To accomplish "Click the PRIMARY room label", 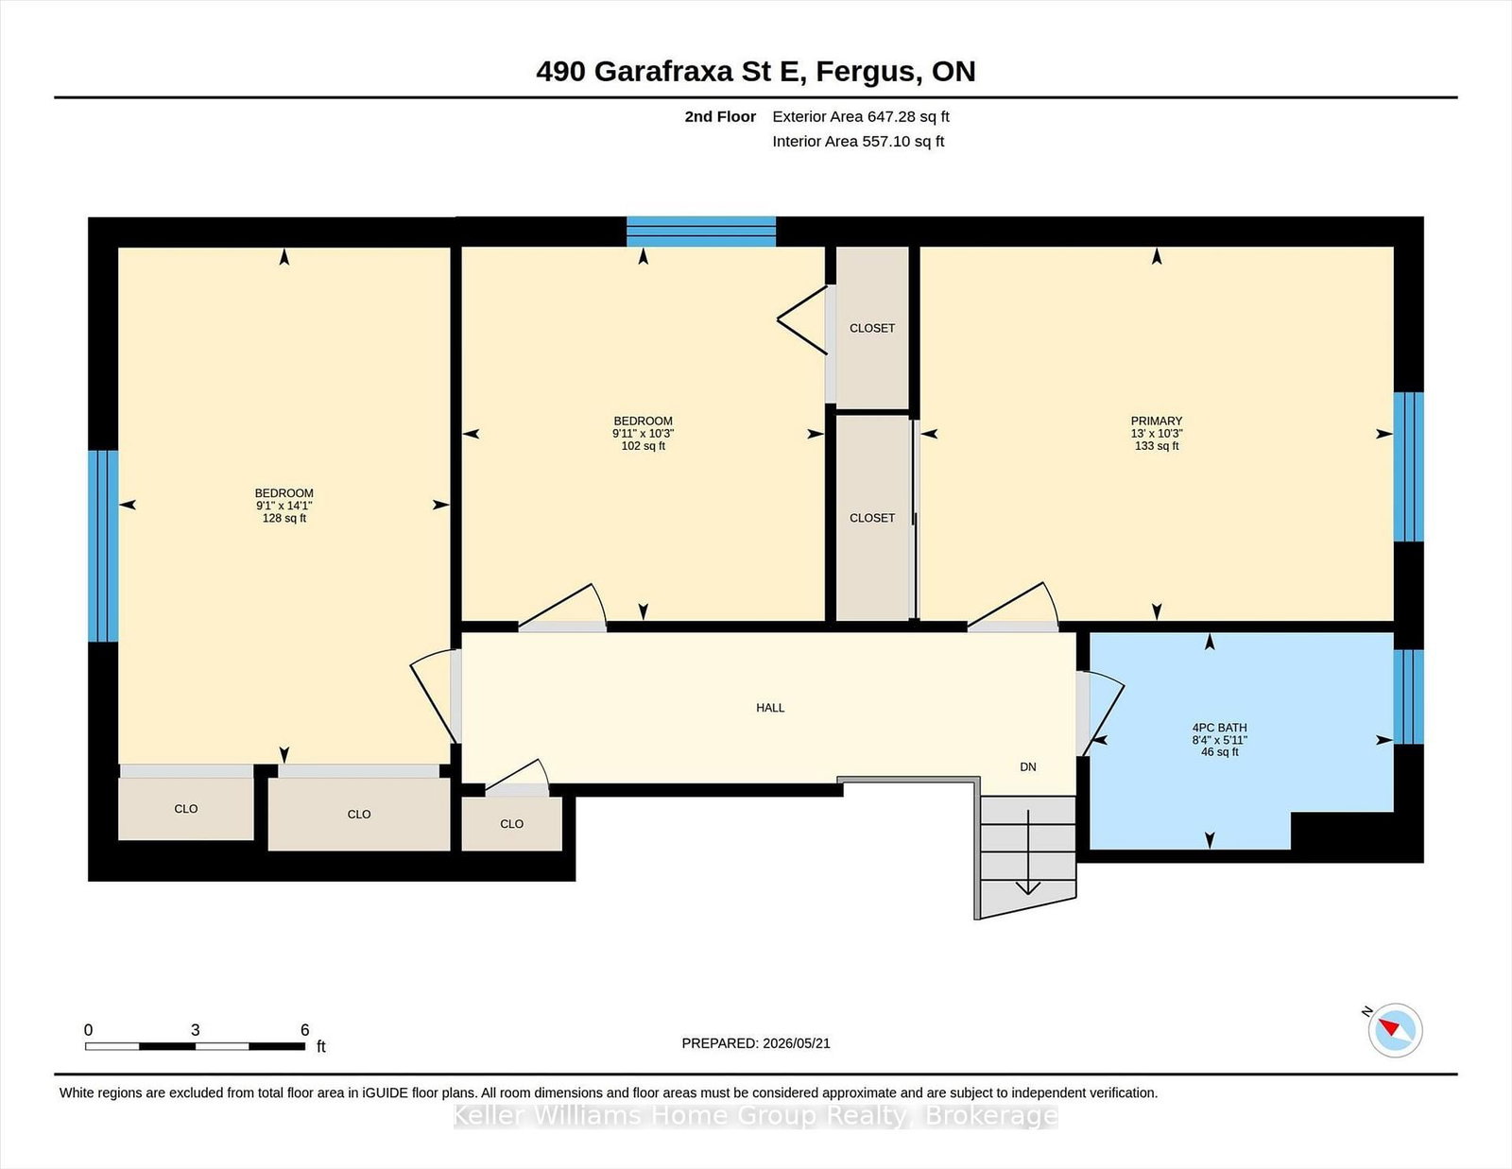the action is coord(1156,421).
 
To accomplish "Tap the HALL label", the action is coord(770,708).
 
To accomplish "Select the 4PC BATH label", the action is coord(1219,728).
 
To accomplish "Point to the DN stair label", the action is coord(1028,766).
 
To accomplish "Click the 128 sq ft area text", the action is coord(283,519).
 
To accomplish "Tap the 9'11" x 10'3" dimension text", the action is coord(643,434).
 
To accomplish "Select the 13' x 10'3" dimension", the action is coord(1157,434).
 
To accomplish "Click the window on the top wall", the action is coord(700,232).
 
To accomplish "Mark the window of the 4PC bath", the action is coord(1408,697).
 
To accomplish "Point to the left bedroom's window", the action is coord(103,546).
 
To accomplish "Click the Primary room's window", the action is coord(1408,467).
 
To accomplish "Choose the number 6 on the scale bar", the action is coord(305,1030).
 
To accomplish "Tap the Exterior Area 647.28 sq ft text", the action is coord(861,117).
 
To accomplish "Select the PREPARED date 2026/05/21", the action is coord(796,1043).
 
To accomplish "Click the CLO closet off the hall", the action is coord(511,824).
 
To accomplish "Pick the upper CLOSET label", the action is coord(872,329).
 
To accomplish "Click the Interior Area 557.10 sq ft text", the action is coord(858,142).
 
